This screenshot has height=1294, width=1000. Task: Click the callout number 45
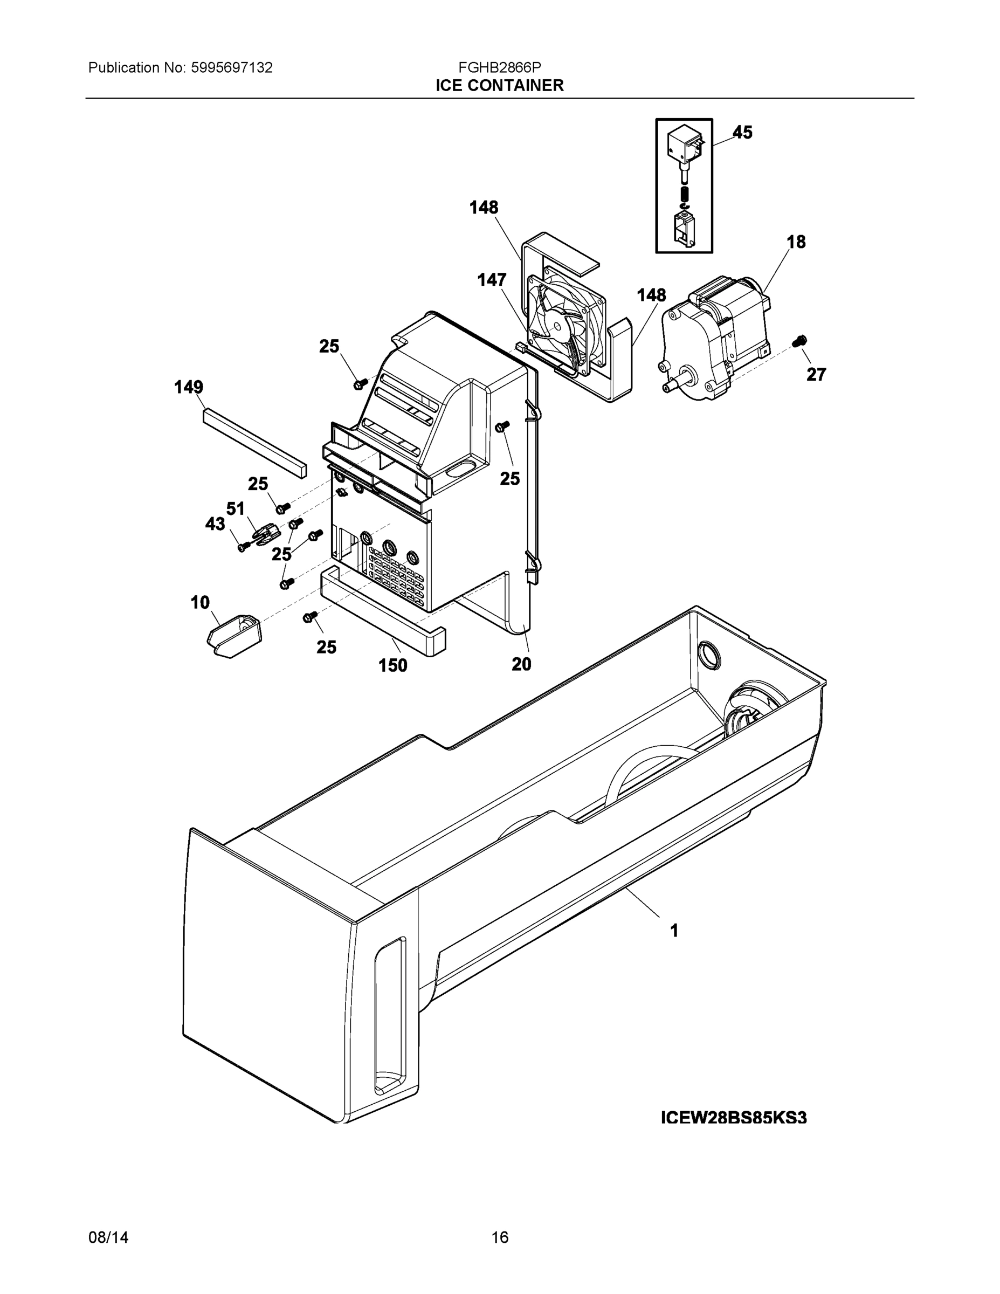[x=742, y=132]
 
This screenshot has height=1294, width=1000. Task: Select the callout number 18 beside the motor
[x=796, y=242]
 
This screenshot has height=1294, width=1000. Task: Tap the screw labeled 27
[x=801, y=341]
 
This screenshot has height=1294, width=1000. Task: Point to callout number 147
[x=492, y=280]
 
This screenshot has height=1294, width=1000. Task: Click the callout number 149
[x=188, y=388]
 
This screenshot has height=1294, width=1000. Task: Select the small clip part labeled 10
[x=234, y=635]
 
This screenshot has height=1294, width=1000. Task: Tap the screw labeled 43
[x=242, y=547]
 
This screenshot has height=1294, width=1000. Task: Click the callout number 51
[x=235, y=508]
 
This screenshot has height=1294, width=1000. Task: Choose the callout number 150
[x=393, y=665]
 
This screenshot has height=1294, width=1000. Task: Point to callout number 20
[x=521, y=664]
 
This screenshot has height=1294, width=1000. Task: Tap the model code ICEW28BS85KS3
[x=733, y=1118]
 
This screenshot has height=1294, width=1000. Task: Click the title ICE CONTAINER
[x=499, y=86]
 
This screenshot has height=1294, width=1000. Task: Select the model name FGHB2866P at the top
[x=499, y=67]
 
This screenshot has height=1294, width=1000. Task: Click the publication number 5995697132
[x=232, y=67]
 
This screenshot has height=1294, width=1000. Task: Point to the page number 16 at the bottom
[x=499, y=1237]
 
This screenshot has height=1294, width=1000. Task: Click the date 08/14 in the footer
[x=108, y=1237]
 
